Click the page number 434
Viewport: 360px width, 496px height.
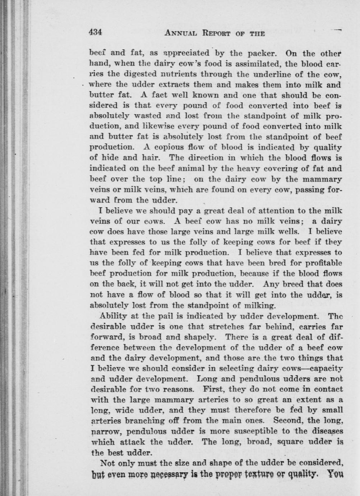(x=96, y=32)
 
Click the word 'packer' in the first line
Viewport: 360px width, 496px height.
(x=263, y=54)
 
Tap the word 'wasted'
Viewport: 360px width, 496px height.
(x=146, y=116)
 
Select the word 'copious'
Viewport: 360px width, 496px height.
(x=170, y=147)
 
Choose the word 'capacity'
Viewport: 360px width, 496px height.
(x=326, y=368)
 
